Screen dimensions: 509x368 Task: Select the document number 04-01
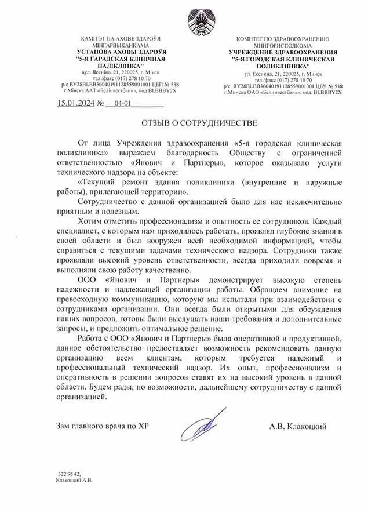coord(123,106)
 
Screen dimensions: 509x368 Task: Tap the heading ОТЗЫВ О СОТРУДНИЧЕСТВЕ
coord(191,124)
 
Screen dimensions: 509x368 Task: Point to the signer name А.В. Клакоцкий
coord(297,427)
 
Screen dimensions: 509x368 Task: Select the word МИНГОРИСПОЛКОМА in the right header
coord(282,45)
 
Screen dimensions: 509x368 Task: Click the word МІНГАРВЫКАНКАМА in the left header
coord(119,45)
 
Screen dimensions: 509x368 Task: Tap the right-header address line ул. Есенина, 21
coord(283,75)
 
